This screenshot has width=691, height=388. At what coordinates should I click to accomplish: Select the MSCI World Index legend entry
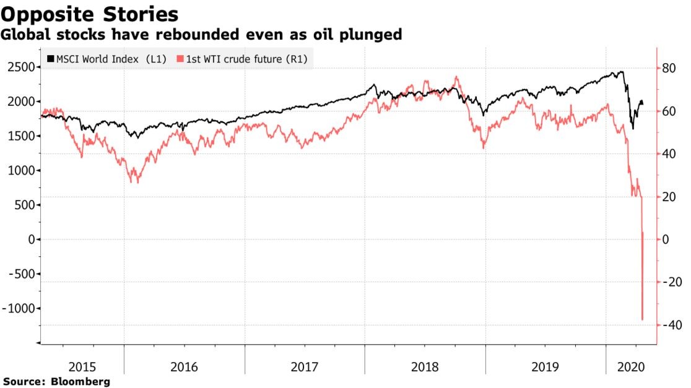pyautogui.click(x=106, y=59)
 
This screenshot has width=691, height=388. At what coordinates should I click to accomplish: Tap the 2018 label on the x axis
pyautogui.click(x=425, y=367)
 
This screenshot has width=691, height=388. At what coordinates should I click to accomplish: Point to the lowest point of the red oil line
pyautogui.click(x=642, y=320)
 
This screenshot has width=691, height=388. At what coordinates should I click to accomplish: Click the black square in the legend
pyautogui.click(x=51, y=59)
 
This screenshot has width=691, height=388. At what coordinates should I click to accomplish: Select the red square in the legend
pyautogui.click(x=180, y=59)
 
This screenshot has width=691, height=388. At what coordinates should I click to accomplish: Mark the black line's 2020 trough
pyautogui.click(x=632, y=129)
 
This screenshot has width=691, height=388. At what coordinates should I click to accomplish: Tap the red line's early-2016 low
pyautogui.click(x=136, y=183)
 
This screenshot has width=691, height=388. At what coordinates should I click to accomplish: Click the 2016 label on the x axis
pyautogui.click(x=184, y=367)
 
